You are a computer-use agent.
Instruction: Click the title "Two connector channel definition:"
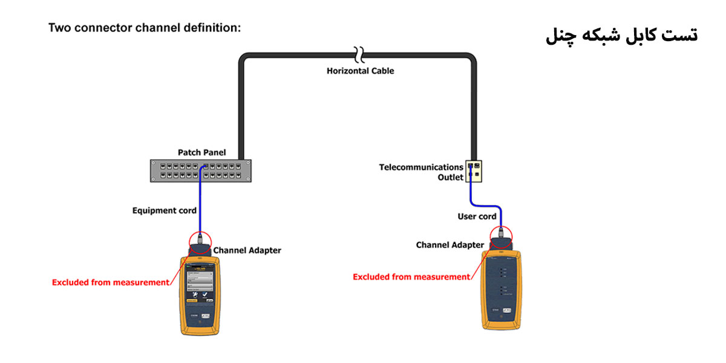click(x=144, y=28)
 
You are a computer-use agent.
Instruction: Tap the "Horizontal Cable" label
click(x=360, y=71)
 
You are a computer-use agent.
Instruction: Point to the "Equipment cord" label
click(x=164, y=211)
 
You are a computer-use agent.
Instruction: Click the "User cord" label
click(x=477, y=217)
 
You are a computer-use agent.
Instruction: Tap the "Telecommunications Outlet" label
click(x=421, y=172)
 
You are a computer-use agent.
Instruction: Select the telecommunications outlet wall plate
click(x=474, y=171)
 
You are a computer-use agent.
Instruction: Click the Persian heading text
click(x=621, y=35)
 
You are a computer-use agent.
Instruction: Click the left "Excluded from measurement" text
click(x=111, y=282)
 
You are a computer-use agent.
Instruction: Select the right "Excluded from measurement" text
click(x=411, y=276)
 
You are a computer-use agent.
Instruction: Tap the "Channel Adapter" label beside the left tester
click(x=247, y=250)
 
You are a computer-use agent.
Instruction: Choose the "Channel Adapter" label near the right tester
click(x=450, y=245)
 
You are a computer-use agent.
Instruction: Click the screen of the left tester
click(x=199, y=281)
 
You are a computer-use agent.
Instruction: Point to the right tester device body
click(x=500, y=290)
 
